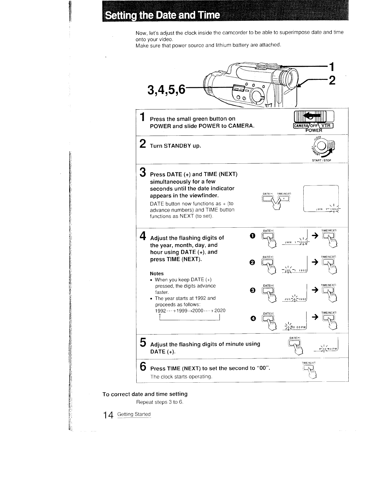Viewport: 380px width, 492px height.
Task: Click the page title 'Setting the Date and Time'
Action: click(x=162, y=15)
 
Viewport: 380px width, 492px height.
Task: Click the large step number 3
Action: click(x=143, y=172)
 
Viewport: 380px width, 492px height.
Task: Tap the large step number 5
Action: click(x=143, y=342)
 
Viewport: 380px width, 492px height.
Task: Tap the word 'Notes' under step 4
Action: click(x=157, y=274)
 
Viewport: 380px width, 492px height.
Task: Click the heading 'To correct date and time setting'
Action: click(x=145, y=394)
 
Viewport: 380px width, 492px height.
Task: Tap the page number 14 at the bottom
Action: click(x=109, y=415)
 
